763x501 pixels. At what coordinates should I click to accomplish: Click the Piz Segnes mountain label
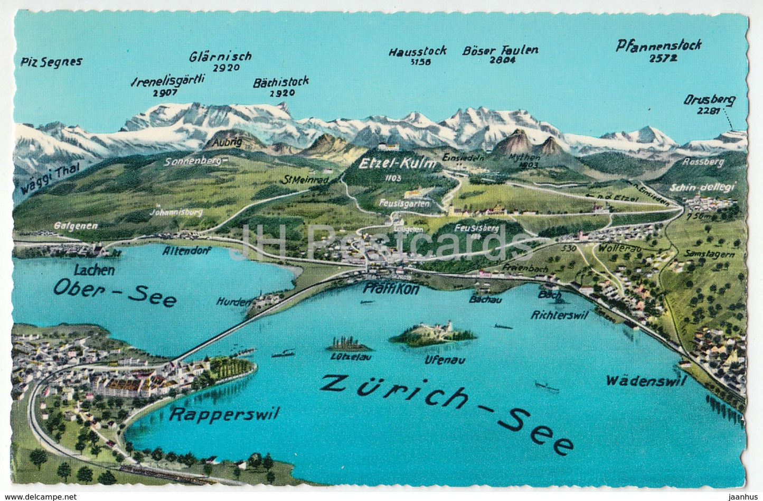click(x=52, y=62)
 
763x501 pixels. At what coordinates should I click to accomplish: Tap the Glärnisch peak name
click(x=220, y=56)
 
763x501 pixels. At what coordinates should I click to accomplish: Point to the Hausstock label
click(x=418, y=51)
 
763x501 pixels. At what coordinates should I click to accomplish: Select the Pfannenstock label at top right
click(x=658, y=46)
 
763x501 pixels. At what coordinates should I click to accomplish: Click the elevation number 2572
click(x=663, y=59)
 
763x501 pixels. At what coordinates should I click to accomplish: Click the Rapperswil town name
click(x=224, y=414)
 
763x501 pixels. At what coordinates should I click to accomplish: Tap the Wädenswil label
click(x=646, y=381)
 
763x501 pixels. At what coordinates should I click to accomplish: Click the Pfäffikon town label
click(x=391, y=289)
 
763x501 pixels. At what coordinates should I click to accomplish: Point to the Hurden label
click(x=232, y=302)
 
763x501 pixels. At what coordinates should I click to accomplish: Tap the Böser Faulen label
click(x=500, y=51)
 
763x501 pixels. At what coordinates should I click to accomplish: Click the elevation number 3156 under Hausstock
click(x=420, y=62)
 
